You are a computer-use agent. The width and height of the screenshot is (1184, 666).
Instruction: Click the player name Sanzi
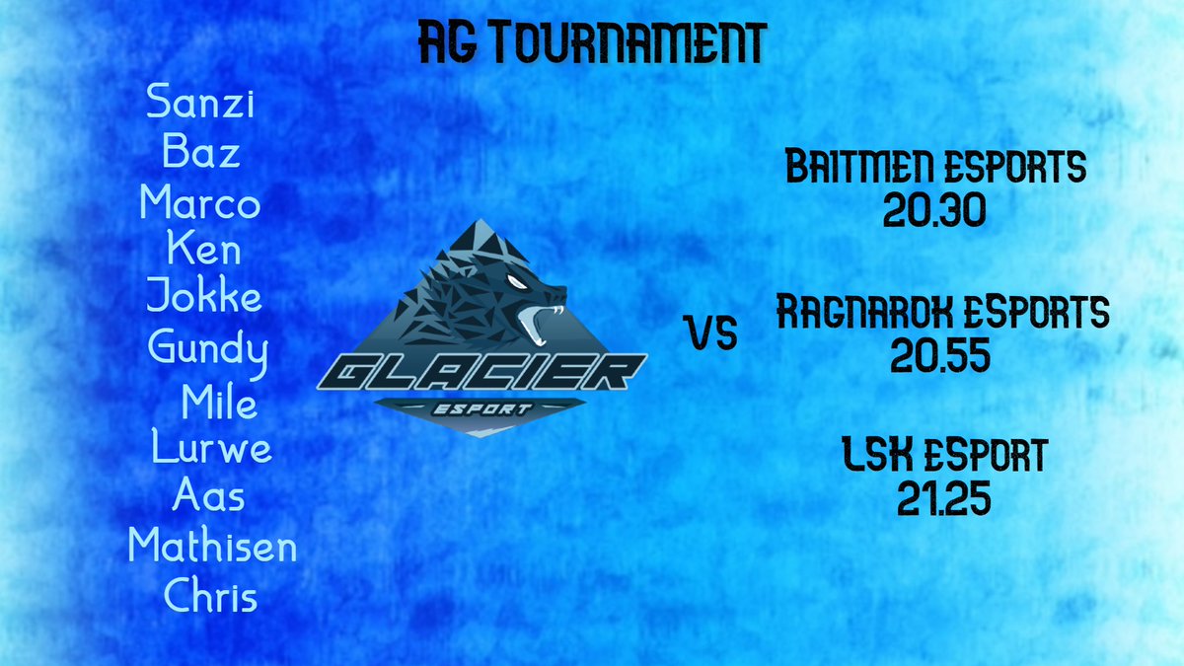point(200,103)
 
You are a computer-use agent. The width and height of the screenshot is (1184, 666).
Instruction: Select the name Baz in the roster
point(201,153)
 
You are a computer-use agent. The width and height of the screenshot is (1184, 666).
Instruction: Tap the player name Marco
point(200,203)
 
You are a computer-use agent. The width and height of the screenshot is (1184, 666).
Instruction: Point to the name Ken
point(204,249)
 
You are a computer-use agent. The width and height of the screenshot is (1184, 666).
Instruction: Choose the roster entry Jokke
point(204,295)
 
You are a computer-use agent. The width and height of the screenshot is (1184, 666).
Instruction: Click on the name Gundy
point(207,348)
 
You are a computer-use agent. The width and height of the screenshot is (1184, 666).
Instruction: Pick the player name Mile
point(219,402)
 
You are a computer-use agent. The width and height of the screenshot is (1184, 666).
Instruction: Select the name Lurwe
point(211,448)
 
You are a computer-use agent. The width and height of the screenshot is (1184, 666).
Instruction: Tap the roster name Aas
point(208,494)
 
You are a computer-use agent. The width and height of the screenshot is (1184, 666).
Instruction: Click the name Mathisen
point(212,545)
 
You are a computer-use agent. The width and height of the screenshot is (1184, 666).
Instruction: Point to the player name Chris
point(210,596)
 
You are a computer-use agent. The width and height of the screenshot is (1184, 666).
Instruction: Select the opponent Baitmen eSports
point(934,169)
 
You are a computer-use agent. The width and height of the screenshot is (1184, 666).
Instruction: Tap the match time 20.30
point(935,211)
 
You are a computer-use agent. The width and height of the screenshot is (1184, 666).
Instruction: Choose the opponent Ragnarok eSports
point(942,314)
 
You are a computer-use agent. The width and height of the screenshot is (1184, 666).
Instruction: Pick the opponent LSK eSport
point(943,457)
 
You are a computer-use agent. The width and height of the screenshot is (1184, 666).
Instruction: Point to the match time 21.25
point(943,501)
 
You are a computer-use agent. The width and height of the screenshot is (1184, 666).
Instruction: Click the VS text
point(712,335)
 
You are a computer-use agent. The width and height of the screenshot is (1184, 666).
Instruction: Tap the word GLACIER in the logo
point(483,373)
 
